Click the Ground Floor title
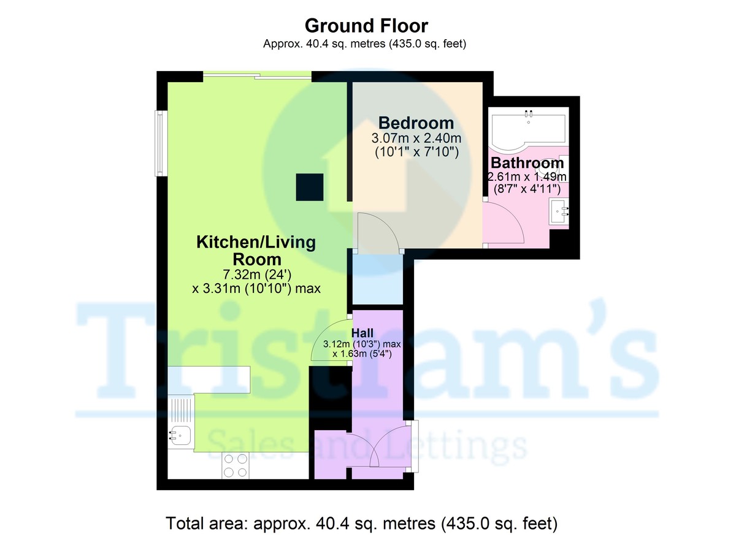366,26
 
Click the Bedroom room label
416,123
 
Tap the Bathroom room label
527,164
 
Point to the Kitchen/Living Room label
256,250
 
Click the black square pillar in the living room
310,187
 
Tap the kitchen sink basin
181,436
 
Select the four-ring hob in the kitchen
236,465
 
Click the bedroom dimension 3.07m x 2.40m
416,138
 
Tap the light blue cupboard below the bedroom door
377,279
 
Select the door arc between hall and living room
330,343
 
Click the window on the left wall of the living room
161,143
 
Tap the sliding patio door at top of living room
258,76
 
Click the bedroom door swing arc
375,232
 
